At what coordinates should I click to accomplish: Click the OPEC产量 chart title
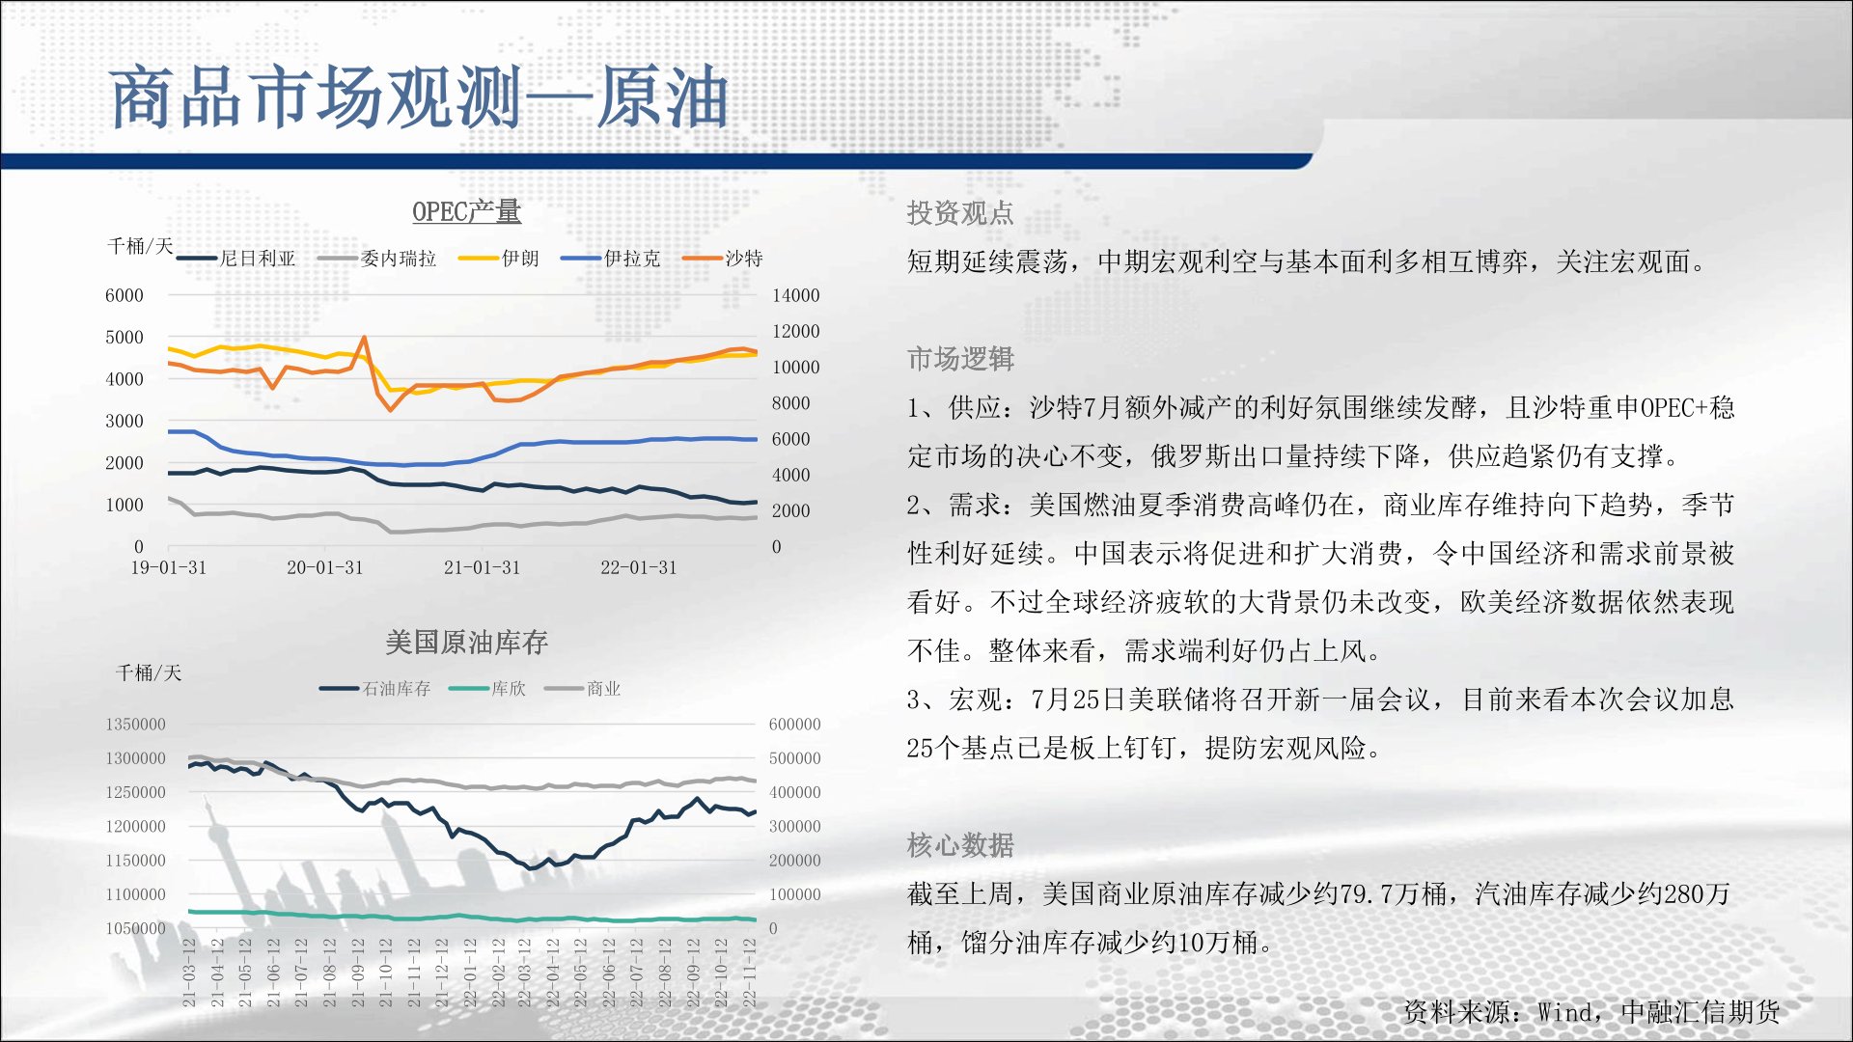pyautogui.click(x=466, y=211)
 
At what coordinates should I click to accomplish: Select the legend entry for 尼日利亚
pyautogui.click(x=236, y=259)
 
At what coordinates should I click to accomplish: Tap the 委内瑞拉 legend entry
pyautogui.click(x=377, y=259)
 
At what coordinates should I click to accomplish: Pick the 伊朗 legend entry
pyautogui.click(x=499, y=259)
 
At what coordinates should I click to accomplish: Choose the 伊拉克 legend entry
pyautogui.click(x=611, y=259)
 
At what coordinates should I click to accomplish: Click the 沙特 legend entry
pyautogui.click(x=723, y=259)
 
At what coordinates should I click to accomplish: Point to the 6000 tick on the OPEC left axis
pyautogui.click(x=124, y=295)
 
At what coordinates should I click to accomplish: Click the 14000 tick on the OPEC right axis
pyautogui.click(x=795, y=295)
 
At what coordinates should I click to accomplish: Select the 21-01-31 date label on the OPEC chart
pyautogui.click(x=482, y=567)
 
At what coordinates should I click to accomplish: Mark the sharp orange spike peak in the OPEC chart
pyautogui.click(x=364, y=337)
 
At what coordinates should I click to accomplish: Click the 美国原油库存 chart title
pyautogui.click(x=466, y=642)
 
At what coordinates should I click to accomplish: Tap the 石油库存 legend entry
pyautogui.click(x=375, y=688)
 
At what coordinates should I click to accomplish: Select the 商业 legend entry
pyautogui.click(x=583, y=688)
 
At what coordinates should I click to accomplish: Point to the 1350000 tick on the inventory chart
pyautogui.click(x=135, y=725)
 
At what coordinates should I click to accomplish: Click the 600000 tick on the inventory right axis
pyautogui.click(x=794, y=725)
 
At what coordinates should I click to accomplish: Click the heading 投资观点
pyautogui.click(x=960, y=212)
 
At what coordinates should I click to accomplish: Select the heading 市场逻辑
pyautogui.click(x=960, y=359)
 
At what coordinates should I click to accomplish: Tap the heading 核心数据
pyautogui.click(x=960, y=845)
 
